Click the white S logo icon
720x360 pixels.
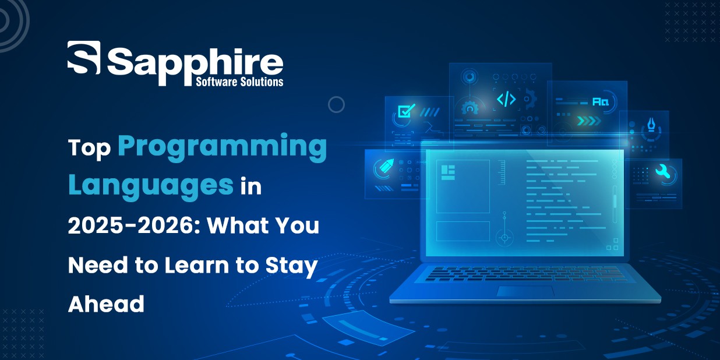(84, 57)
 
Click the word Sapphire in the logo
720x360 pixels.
(195, 66)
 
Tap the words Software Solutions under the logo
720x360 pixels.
(239, 82)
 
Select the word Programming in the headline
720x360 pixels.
(223, 147)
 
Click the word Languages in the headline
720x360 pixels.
(151, 186)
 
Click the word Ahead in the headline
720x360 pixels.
(106, 303)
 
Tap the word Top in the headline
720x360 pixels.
(89, 149)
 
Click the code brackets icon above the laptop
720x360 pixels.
(506, 99)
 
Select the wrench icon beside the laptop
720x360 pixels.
(663, 171)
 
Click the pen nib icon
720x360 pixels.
(651, 124)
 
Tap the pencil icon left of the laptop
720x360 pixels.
(386, 166)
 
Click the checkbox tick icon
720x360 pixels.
(406, 110)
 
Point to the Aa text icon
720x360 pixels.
(600, 101)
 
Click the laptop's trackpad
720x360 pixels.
(525, 291)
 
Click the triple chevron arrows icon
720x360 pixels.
(589, 121)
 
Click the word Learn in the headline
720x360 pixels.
(197, 265)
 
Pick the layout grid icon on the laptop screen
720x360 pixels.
(448, 172)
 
